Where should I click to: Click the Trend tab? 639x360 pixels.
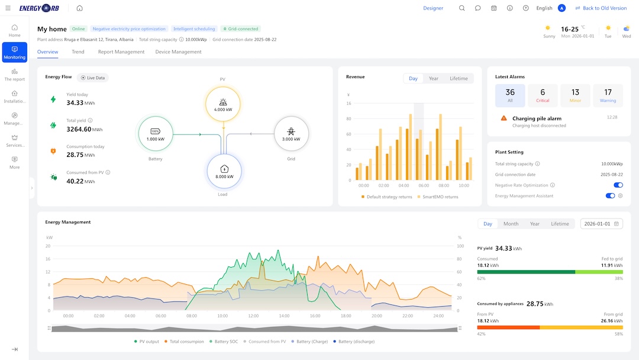point(78,52)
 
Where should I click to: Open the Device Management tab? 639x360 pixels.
point(178,52)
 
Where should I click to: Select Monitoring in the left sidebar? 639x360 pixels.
point(15,52)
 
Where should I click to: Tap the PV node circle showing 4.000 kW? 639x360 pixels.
point(223,104)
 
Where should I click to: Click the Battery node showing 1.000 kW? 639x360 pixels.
point(155,134)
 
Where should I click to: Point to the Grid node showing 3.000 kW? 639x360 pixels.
point(291,134)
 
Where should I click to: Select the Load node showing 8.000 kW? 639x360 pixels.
point(224,171)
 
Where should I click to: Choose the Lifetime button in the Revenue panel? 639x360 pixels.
point(459,78)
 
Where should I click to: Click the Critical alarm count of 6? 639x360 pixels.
point(543,95)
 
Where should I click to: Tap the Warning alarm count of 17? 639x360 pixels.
point(608,95)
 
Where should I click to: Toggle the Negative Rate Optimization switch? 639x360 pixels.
point(618,185)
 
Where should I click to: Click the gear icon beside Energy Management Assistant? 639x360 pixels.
point(620,196)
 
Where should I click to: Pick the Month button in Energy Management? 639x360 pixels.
point(511,224)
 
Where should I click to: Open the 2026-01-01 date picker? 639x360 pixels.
point(602,224)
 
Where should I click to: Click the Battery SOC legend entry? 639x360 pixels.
point(223,342)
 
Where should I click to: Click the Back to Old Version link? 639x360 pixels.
point(601,8)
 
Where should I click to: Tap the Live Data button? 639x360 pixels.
point(92,78)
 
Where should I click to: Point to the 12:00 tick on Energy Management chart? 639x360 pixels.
point(253,316)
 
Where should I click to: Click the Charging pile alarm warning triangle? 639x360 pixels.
point(504,118)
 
